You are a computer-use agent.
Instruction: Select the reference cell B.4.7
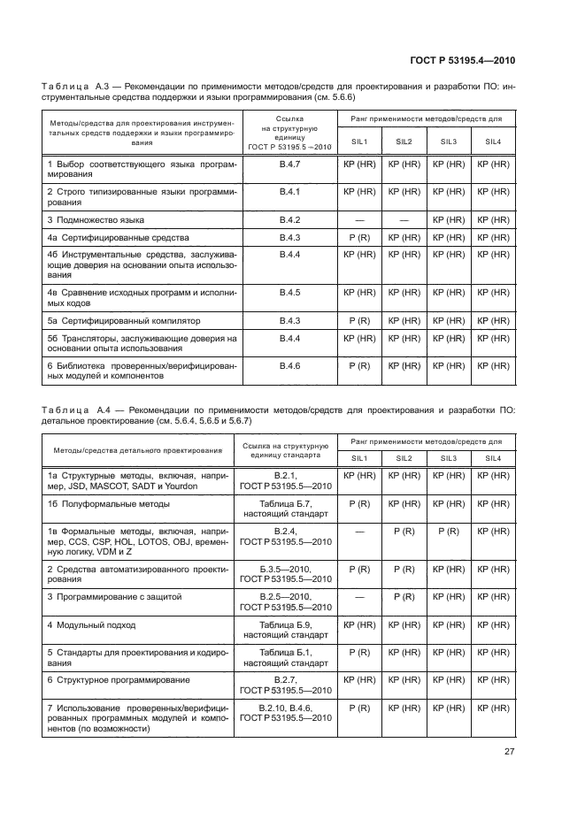click(x=289, y=165)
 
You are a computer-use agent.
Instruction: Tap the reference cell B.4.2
click(x=289, y=219)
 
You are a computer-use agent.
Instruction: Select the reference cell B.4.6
click(x=289, y=364)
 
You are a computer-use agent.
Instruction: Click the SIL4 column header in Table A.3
click(x=492, y=142)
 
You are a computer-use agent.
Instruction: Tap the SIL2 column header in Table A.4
click(x=404, y=457)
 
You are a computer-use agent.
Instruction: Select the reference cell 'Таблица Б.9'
click(x=285, y=624)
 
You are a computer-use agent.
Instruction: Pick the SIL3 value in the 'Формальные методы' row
click(x=448, y=531)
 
